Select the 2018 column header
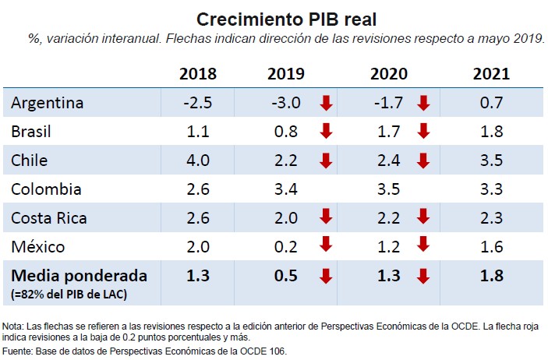click(197, 75)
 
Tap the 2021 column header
click(491, 75)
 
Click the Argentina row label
click(48, 103)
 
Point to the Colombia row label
click(47, 189)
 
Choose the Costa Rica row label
click(50, 217)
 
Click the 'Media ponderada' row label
click(80, 275)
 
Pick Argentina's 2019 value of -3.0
click(286, 103)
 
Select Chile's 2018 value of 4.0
click(198, 161)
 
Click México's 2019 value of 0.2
click(287, 247)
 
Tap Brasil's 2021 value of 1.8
click(491, 132)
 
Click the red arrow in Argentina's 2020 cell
click(423, 103)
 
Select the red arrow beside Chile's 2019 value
click(326, 161)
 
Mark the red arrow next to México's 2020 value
click(423, 246)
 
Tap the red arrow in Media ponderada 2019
click(326, 276)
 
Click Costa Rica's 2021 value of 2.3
click(491, 217)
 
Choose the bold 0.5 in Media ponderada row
click(287, 276)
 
